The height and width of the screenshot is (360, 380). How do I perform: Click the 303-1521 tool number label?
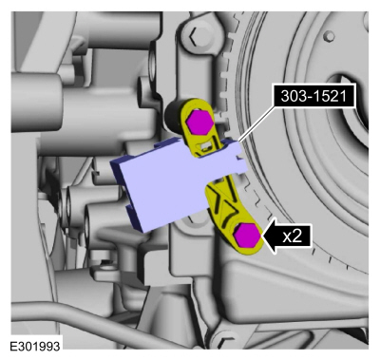(313, 96)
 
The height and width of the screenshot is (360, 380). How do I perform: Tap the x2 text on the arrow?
(292, 237)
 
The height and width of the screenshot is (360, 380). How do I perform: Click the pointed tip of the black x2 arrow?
(260, 237)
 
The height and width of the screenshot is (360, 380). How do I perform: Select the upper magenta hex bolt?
(199, 122)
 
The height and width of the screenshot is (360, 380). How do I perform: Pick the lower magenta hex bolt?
(247, 235)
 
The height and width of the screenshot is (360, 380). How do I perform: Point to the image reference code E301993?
(35, 346)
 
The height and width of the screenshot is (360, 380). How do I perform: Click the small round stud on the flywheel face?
(330, 36)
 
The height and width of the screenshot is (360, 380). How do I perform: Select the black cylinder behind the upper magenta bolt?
(173, 116)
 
